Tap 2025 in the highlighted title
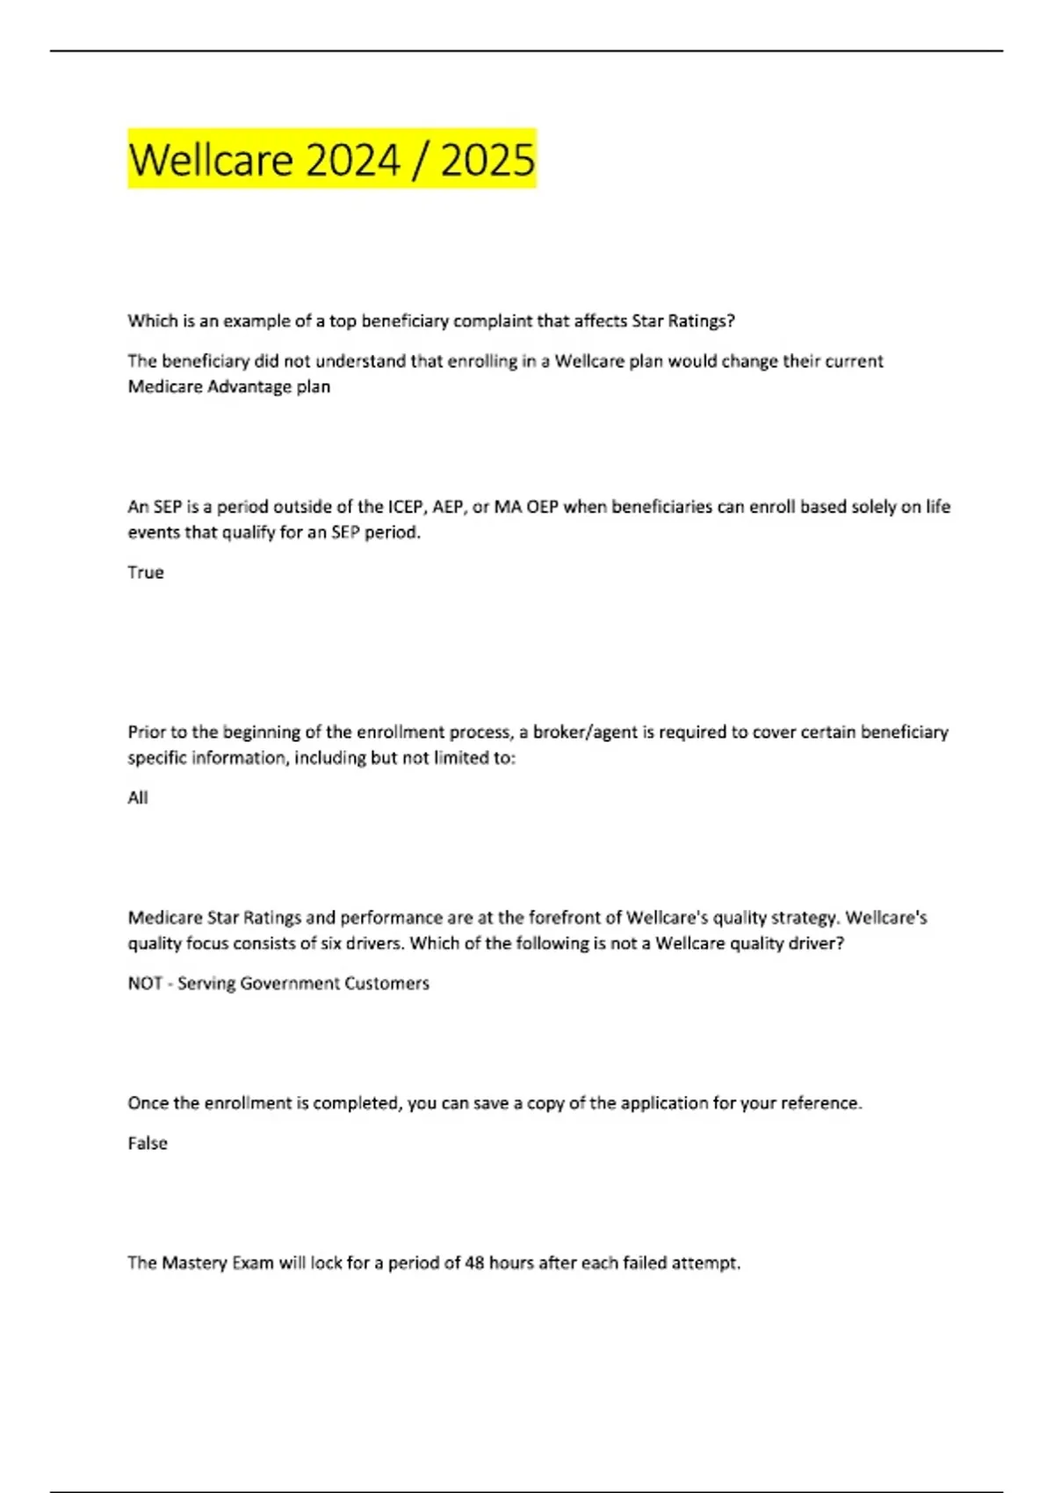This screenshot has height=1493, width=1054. point(487,160)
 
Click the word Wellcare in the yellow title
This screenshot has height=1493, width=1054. point(210,160)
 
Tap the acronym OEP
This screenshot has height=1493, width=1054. point(542,507)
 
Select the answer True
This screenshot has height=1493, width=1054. point(146,573)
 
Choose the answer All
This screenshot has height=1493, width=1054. point(138,798)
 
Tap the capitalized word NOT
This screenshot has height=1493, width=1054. point(145,984)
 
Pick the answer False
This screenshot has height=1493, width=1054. point(148,1143)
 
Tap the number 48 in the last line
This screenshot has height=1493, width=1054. point(474,1264)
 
